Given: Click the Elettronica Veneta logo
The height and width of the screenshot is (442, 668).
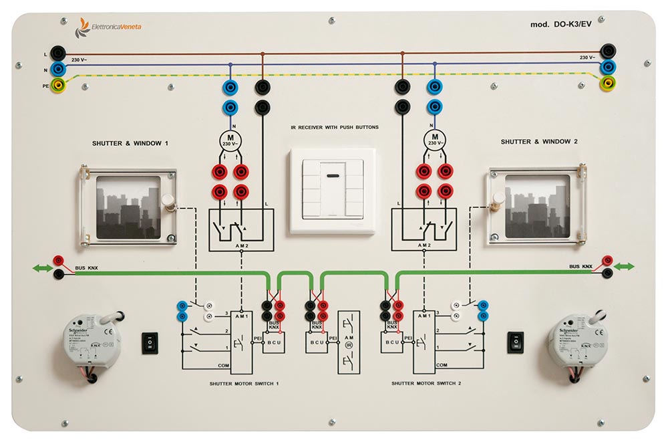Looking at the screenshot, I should point(110,26).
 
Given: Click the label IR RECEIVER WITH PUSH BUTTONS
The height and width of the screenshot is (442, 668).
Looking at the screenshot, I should point(335,126).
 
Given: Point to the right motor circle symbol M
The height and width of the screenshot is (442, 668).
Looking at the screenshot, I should point(434,140).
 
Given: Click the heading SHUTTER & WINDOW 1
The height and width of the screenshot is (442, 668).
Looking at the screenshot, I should point(130,143).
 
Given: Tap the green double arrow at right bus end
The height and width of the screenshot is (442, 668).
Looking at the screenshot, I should point(624,267).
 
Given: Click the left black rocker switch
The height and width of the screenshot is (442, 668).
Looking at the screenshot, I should point(150,342).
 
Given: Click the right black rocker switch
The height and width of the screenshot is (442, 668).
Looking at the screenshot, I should point(516,342).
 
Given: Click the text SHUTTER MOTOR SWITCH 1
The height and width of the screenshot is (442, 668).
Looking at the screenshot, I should point(244,384).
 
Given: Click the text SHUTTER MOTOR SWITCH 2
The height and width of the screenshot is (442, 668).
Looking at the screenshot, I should point(426,384).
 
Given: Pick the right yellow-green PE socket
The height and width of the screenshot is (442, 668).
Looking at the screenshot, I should point(609,84).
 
